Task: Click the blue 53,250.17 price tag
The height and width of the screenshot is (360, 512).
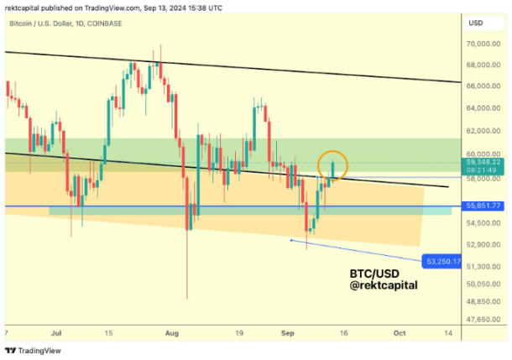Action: pyautogui.click(x=443, y=262)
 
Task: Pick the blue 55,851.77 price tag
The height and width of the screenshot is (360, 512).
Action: pyautogui.click(x=484, y=206)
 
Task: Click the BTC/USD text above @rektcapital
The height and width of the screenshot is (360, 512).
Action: pyautogui.click(x=374, y=274)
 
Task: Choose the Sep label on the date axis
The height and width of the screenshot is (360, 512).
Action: pyautogui.click(x=285, y=332)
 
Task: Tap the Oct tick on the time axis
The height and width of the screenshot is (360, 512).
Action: pyautogui.click(x=399, y=332)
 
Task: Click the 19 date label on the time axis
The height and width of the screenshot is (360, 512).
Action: pyautogui.click(x=238, y=332)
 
